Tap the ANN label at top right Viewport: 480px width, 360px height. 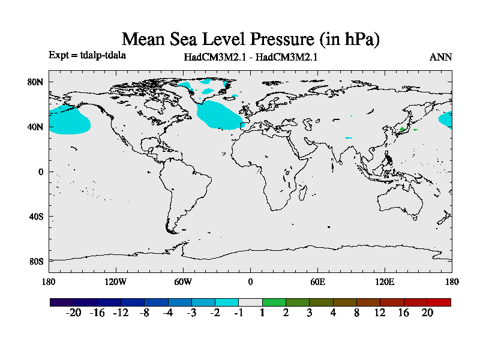(x=440, y=58)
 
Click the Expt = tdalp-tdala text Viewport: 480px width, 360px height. (x=87, y=55)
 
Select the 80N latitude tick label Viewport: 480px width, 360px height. (x=37, y=82)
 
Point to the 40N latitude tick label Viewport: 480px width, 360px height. (x=37, y=127)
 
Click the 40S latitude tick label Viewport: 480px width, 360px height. (x=37, y=216)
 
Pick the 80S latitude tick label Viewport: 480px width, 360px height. (x=37, y=261)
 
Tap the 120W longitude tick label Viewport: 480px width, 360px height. (x=115, y=281)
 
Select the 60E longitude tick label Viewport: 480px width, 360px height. (x=317, y=281)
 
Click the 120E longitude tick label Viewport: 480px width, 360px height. (x=385, y=281)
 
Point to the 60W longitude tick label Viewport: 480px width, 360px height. (x=182, y=281)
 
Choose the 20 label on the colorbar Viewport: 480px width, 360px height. (x=427, y=313)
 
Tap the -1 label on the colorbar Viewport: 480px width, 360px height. (x=238, y=313)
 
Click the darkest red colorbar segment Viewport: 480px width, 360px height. (x=439, y=302)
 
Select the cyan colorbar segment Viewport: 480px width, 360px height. (x=227, y=302)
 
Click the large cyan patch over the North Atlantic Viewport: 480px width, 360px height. (x=219, y=115)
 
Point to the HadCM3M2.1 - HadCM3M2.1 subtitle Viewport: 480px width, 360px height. (x=250, y=58)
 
